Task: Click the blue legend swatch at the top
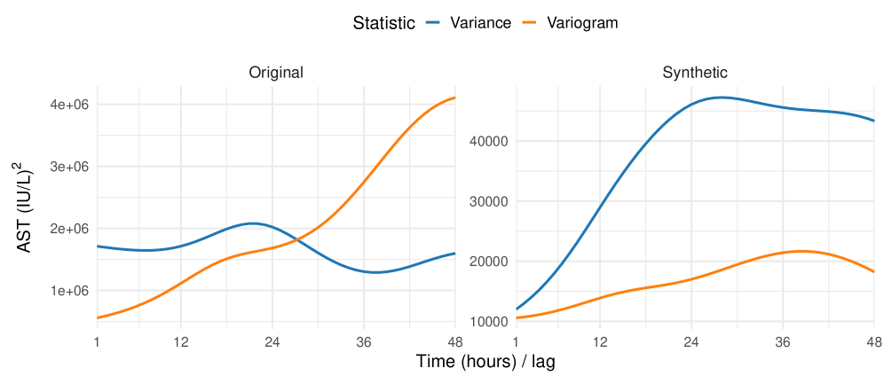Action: tap(432, 21)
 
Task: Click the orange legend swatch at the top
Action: tap(529, 21)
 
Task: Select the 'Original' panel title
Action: tap(275, 73)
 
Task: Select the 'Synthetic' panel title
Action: tap(695, 73)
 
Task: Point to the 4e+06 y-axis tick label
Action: tap(70, 105)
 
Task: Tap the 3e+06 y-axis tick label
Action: tap(70, 167)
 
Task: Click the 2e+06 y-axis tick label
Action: tap(70, 229)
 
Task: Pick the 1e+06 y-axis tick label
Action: tap(70, 291)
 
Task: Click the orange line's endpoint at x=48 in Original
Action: tap(454, 98)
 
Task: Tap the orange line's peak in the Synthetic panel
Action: tap(801, 251)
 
